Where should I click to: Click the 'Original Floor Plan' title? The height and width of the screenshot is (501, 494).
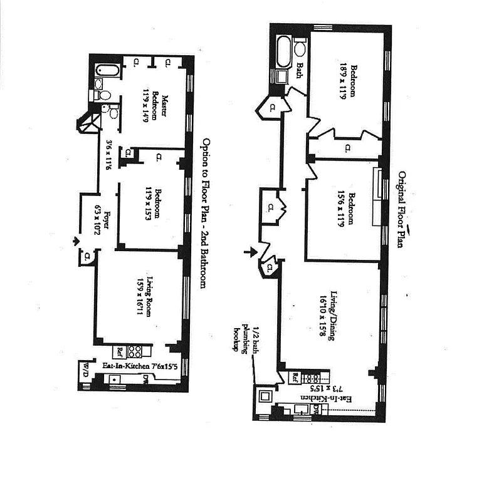click(x=403, y=210)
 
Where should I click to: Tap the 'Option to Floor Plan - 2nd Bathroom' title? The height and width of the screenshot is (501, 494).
click(x=203, y=214)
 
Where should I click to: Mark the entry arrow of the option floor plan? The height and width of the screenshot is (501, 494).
click(x=76, y=240)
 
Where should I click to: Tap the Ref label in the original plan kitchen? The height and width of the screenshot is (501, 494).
click(x=295, y=377)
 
